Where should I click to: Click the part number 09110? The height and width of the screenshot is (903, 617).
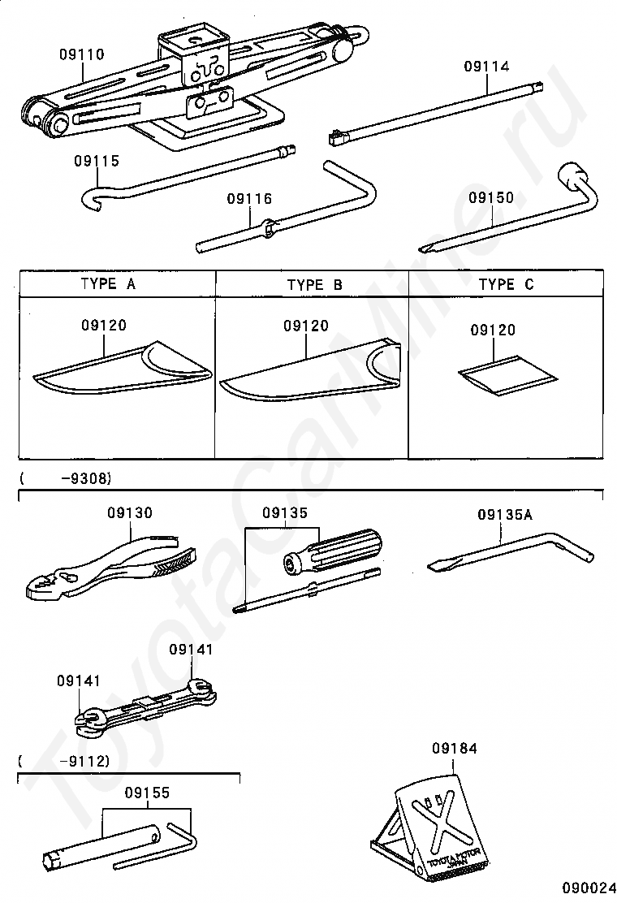(x=81, y=55)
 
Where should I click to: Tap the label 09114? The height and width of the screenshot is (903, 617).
(x=487, y=67)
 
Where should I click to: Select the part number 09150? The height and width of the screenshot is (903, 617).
(x=491, y=197)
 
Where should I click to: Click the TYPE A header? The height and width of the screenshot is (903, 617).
(x=108, y=284)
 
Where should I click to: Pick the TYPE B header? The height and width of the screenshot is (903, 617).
(x=314, y=285)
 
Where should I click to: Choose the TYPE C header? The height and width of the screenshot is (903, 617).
(x=507, y=284)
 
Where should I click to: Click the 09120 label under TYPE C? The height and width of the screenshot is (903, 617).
(x=493, y=331)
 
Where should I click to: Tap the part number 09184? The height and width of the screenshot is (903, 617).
(x=455, y=748)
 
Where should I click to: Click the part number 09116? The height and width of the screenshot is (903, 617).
(x=249, y=199)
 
